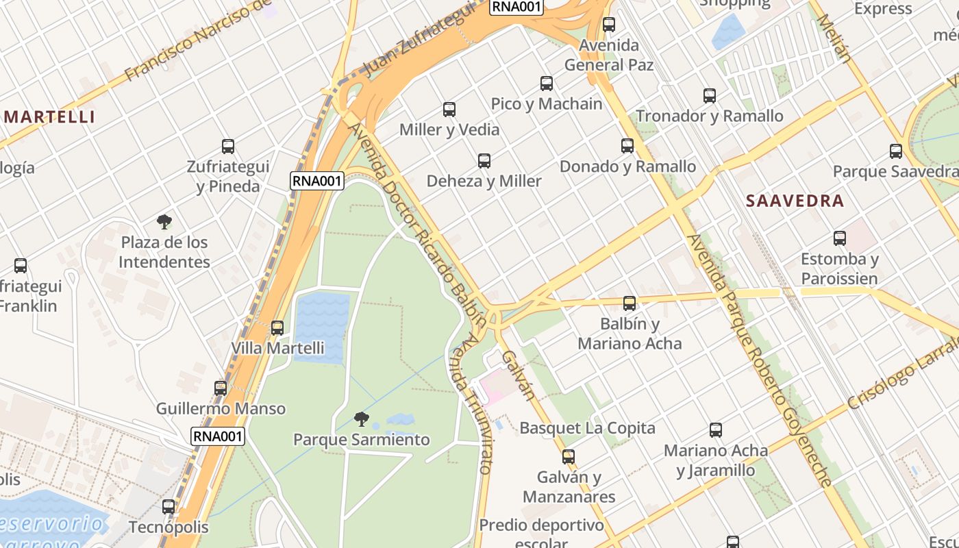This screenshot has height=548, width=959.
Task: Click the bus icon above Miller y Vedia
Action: click(449, 109)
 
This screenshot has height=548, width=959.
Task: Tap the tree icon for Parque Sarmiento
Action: click(362, 419)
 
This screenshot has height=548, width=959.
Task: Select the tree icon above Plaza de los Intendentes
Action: click(164, 221)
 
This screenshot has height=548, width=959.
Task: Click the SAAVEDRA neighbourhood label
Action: click(795, 201)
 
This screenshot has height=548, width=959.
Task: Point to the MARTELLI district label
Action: click(49, 116)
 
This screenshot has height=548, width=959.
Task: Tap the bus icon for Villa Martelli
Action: click(277, 327)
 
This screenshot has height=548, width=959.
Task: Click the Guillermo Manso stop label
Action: click(221, 409)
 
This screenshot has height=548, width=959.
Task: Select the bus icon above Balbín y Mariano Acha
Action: click(630, 303)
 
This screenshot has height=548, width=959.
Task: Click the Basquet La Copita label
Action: click(587, 428)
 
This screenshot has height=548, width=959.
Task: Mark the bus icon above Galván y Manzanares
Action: click(569, 456)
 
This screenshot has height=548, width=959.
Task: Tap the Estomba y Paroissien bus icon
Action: click(840, 238)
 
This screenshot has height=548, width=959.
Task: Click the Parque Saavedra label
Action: click(895, 171)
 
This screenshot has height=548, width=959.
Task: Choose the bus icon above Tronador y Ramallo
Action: click(710, 96)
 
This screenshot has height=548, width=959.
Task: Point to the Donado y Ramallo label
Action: click(627, 166)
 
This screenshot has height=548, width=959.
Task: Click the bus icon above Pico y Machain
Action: click(547, 84)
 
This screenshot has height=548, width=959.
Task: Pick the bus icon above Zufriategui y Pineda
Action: click(228, 146)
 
